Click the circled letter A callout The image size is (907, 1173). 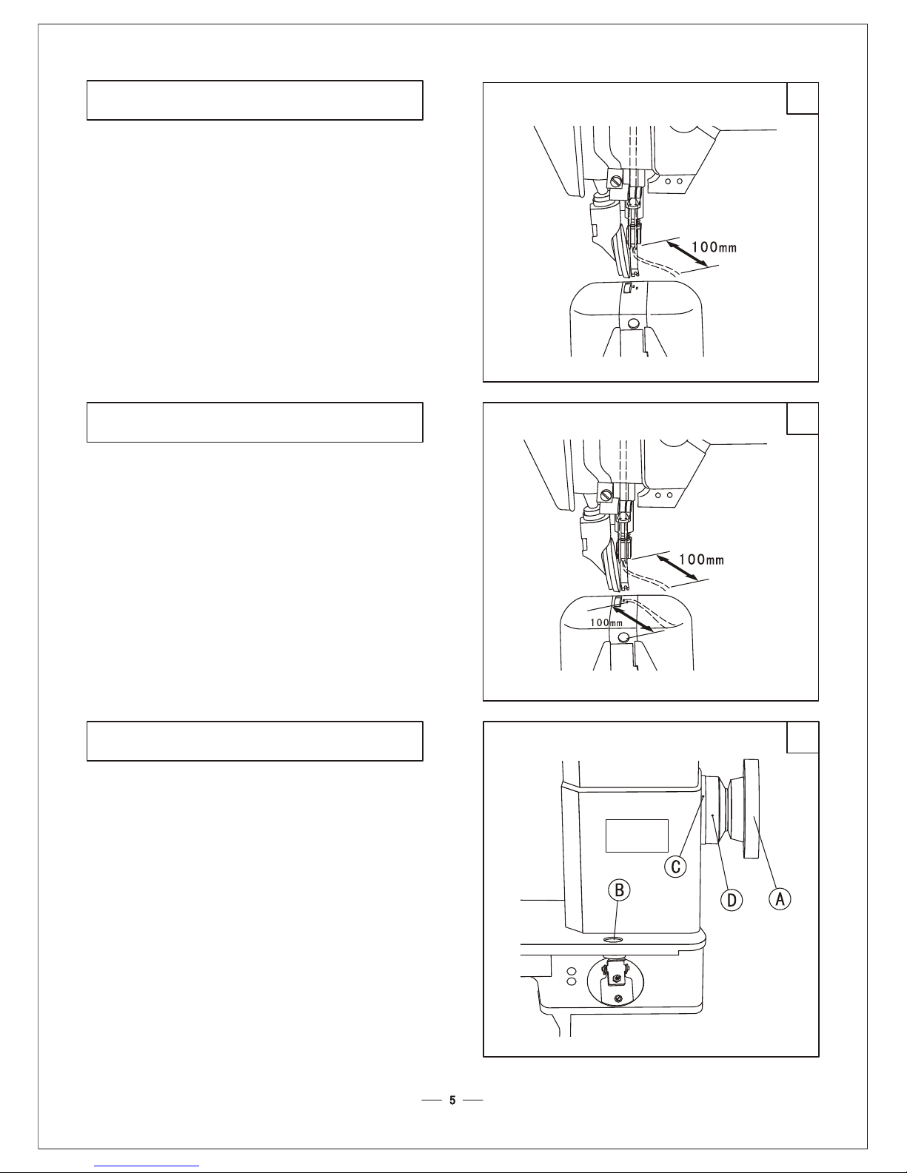pos(780,899)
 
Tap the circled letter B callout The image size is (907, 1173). pos(619,890)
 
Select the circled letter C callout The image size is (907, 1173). pos(675,867)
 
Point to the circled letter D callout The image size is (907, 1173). pos(732,900)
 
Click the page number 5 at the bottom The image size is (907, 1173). pos(452,1100)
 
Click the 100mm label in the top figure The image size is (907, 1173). pos(714,247)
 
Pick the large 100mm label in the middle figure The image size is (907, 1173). pos(701,559)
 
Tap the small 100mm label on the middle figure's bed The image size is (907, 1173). pos(606,622)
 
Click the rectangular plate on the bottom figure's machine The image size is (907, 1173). pos(637,836)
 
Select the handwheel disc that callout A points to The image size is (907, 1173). pos(751,809)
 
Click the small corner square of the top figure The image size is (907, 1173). pos(803,98)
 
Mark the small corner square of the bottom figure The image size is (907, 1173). pos(803,737)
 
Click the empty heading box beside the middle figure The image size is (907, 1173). pos(255,422)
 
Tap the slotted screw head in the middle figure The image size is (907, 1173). pos(606,494)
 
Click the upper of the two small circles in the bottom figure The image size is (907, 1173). pos(571,970)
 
